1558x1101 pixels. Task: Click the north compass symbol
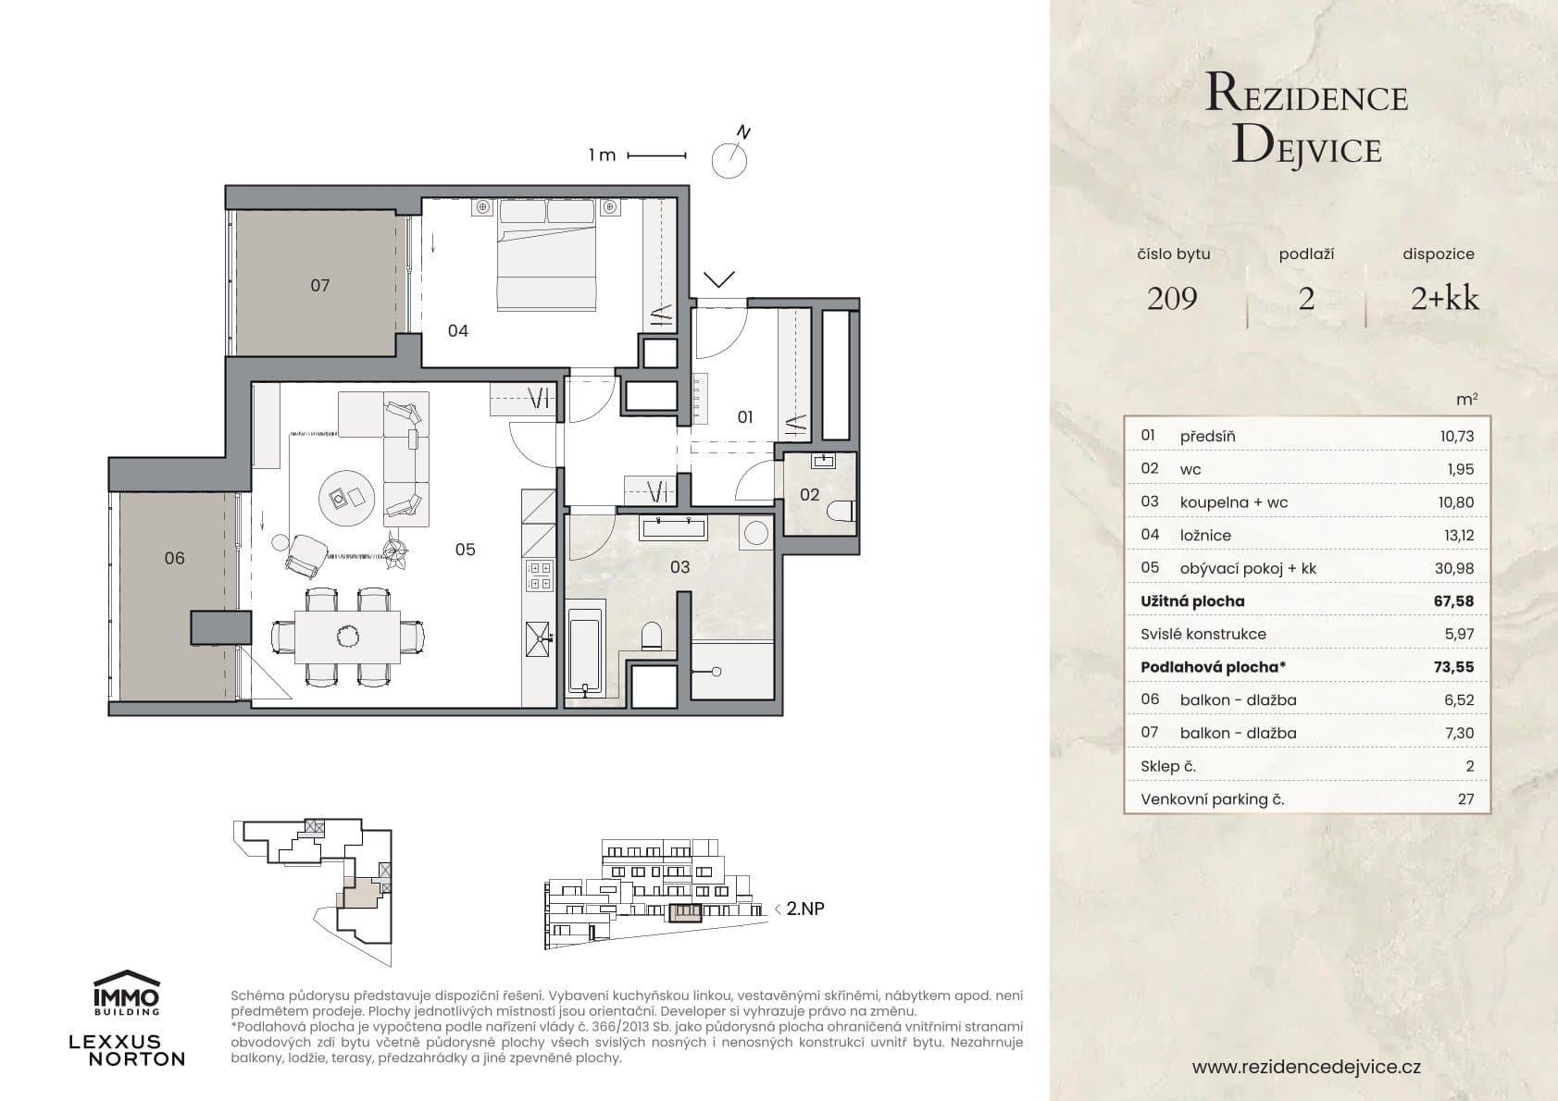point(729,159)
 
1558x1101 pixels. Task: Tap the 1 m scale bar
point(656,155)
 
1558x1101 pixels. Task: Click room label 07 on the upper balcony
point(319,285)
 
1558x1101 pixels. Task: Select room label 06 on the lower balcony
point(174,558)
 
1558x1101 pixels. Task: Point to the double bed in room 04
point(546,254)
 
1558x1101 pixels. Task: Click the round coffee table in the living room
point(347,499)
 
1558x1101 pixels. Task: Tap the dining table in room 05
point(348,637)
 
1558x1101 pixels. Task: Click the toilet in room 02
point(842,512)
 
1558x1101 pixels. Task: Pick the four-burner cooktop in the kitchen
point(539,576)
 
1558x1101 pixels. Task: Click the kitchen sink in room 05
point(539,639)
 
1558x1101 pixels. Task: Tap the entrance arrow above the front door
point(719,278)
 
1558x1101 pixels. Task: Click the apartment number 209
point(1172,298)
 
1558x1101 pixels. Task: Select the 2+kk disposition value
point(1444,298)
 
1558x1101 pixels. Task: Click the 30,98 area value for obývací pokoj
point(1454,568)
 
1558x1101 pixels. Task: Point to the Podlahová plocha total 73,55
point(1453,667)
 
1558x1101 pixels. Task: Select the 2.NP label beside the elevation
point(804,909)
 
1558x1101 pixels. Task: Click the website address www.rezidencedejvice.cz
point(1306,1067)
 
